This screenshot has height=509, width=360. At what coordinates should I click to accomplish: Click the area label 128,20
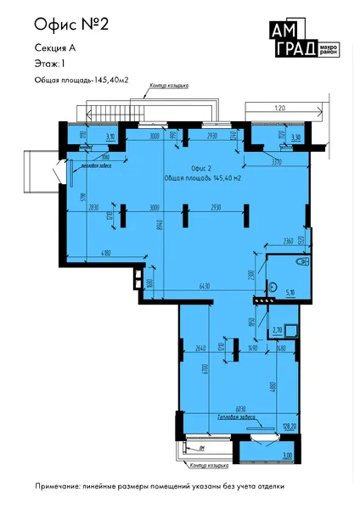290,426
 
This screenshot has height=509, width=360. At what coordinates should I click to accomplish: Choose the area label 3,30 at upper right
295,136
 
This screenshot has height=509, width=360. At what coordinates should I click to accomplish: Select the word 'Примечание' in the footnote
62,487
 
